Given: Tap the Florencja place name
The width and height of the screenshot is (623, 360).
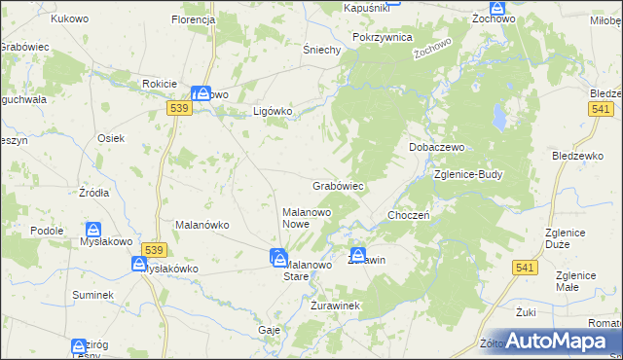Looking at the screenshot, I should [192, 19].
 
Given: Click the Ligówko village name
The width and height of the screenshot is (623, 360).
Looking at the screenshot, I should [273, 111].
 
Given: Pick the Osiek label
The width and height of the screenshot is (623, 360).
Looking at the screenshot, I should [110, 138].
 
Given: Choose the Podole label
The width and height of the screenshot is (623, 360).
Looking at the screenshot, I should [47, 231].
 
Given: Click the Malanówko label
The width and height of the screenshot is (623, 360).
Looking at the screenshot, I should [202, 225].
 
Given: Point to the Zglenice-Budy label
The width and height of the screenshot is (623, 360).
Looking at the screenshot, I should [468, 175].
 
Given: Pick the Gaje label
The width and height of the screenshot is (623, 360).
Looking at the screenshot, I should [270, 330].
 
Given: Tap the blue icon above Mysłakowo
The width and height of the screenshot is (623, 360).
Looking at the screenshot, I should [92, 231].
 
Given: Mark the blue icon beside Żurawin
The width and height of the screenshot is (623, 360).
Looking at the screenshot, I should [358, 253].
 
